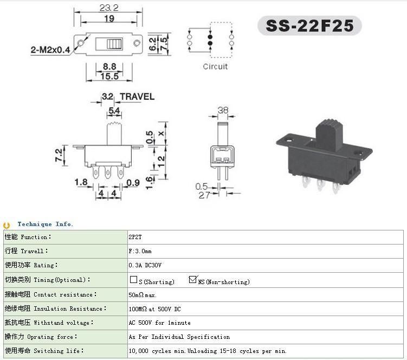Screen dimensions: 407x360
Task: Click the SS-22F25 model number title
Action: (x=309, y=25)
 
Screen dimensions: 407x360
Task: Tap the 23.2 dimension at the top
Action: (x=109, y=8)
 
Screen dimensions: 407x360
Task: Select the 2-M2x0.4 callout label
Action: (x=50, y=50)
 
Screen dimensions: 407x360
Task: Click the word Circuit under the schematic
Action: (x=215, y=67)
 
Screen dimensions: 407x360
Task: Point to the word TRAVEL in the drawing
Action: (x=137, y=97)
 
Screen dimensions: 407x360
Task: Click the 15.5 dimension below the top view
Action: (x=109, y=76)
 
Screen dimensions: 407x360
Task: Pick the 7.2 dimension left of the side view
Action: (x=59, y=155)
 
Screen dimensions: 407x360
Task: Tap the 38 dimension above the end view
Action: (x=223, y=110)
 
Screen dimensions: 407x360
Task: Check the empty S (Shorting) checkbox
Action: (x=133, y=279)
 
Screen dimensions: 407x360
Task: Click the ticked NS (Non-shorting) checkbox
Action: (x=193, y=279)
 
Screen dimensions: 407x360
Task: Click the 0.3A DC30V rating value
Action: (x=145, y=265)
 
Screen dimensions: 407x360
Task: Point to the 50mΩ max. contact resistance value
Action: (x=143, y=295)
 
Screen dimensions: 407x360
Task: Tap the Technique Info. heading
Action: (x=45, y=224)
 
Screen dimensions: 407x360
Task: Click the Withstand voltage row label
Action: (x=49, y=323)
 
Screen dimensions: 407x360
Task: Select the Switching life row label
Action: (x=44, y=351)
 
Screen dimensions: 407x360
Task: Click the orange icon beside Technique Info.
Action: (x=7, y=225)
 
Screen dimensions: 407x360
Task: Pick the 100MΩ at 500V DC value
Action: (x=154, y=309)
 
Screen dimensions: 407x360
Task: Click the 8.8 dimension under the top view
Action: (x=109, y=67)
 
